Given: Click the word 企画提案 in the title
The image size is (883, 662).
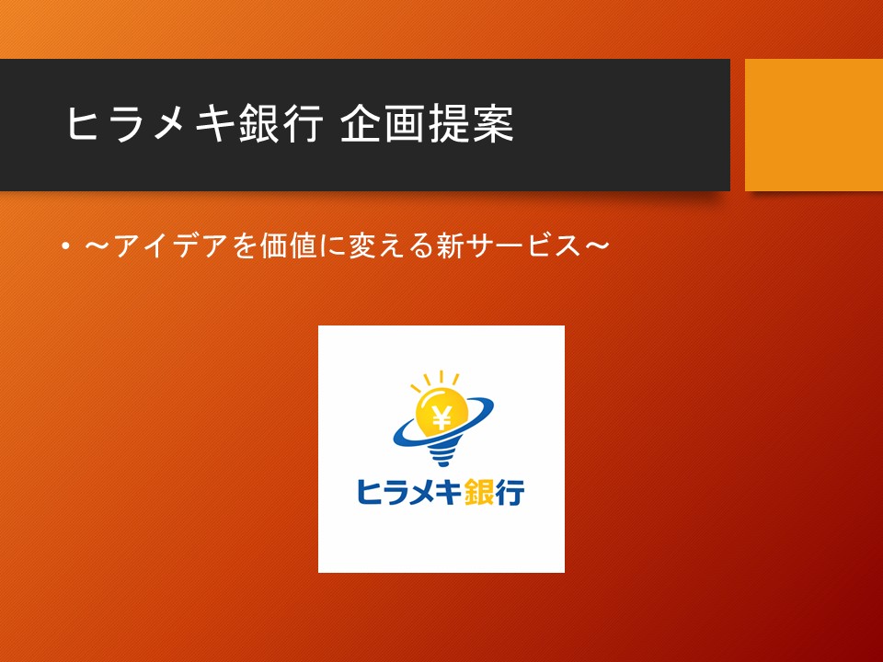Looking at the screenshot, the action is point(428,124).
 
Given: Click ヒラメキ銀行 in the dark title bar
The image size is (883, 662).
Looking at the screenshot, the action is point(195,124).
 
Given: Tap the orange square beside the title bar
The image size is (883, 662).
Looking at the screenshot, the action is point(814,125).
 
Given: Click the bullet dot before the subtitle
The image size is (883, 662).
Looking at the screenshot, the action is point(66,246).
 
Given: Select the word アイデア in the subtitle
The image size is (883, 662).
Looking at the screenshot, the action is point(170,246).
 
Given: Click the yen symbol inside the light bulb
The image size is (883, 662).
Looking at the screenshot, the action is point(442,417).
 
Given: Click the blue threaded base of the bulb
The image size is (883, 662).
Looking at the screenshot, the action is point(442,452).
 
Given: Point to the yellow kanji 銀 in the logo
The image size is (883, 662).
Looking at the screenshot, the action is point(480,492).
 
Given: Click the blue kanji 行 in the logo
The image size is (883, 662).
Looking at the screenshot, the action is point(510,492).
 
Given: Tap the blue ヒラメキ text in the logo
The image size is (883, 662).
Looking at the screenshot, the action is point(409,492).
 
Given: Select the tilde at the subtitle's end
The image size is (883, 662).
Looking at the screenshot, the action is point(597,245).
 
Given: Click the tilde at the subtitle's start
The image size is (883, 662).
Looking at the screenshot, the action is point(98,245).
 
